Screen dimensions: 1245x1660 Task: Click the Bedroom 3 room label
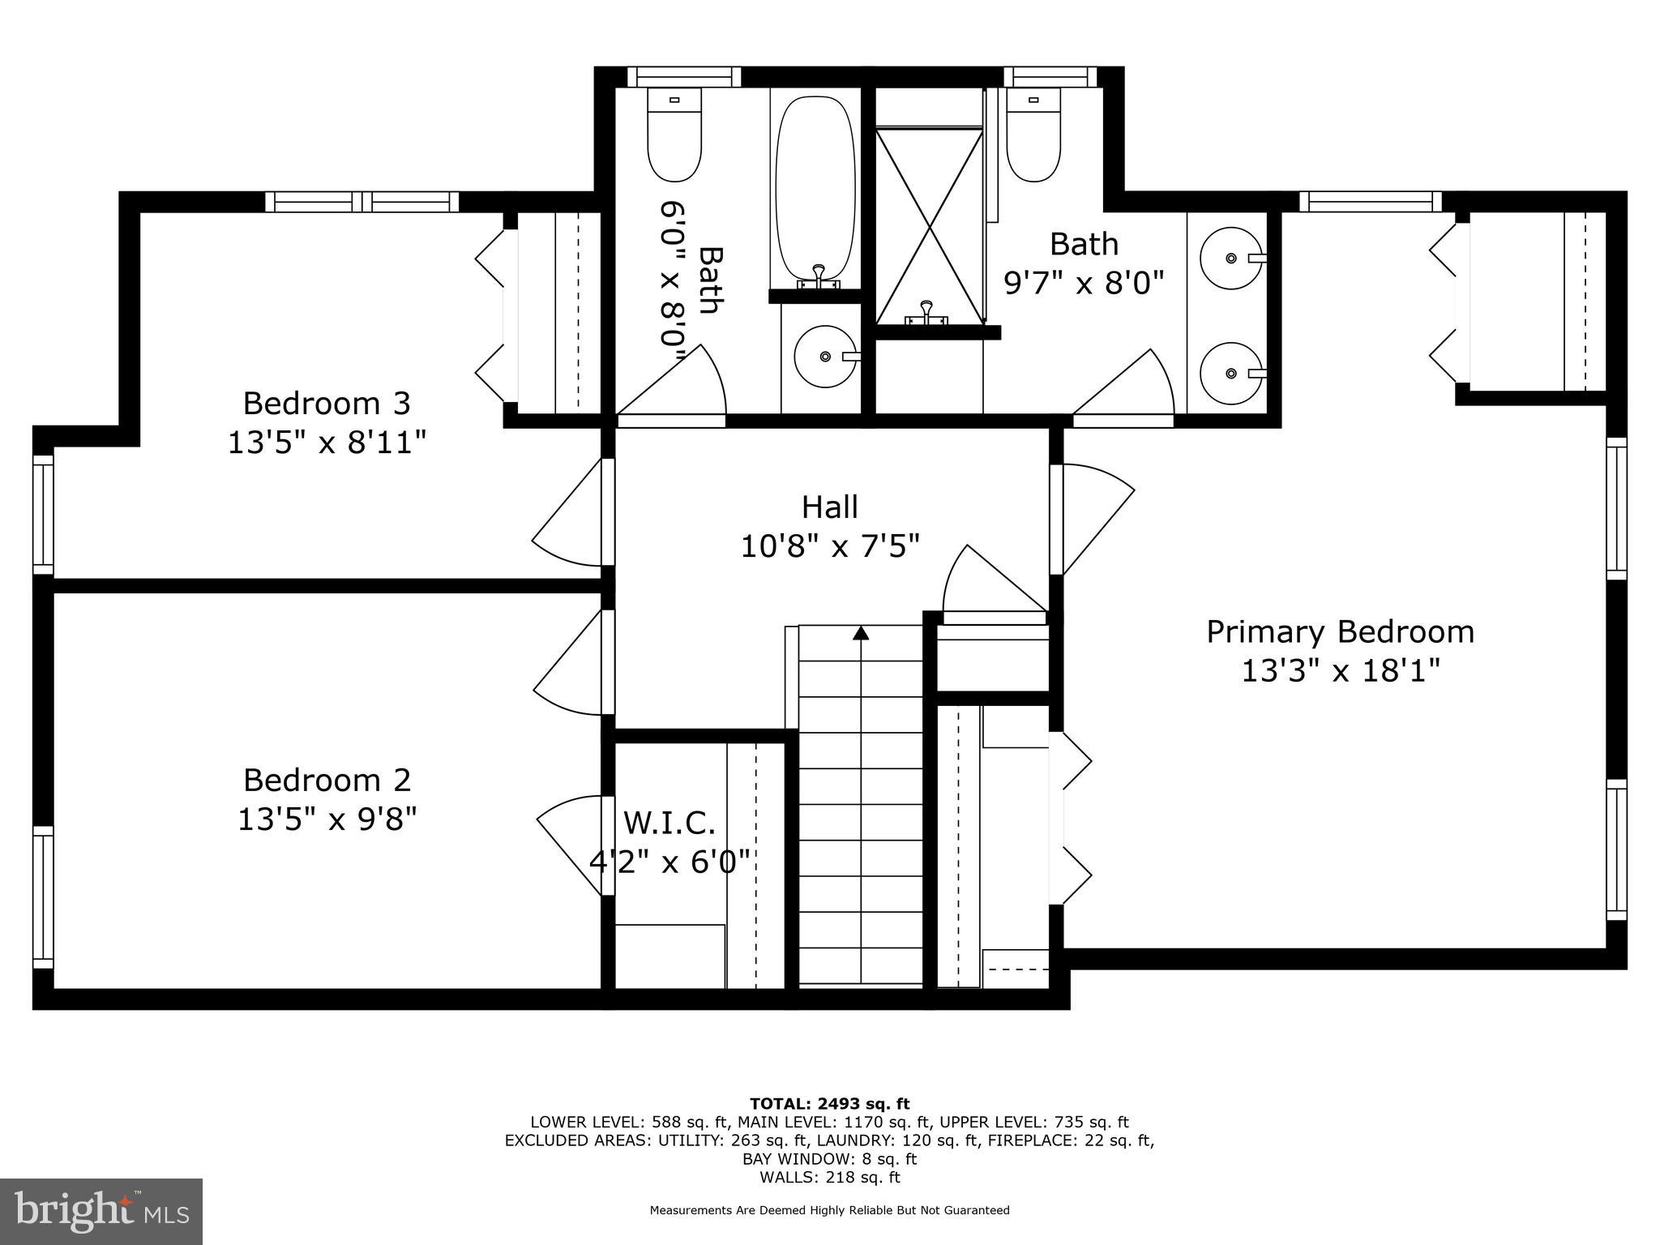[327, 404]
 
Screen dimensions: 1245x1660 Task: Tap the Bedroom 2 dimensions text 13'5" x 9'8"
[327, 819]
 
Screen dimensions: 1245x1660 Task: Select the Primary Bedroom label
[1340, 632]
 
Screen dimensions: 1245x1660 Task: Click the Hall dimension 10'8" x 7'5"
[830, 546]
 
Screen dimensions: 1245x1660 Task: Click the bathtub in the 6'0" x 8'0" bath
[815, 190]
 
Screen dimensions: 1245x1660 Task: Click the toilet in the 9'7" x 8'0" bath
[1033, 136]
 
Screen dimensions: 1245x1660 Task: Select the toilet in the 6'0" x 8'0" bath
[674, 136]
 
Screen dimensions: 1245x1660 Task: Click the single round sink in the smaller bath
[825, 357]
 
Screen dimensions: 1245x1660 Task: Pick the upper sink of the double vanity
[1230, 259]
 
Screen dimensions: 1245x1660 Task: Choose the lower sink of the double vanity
[1230, 374]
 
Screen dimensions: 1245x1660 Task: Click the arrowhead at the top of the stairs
[861, 633]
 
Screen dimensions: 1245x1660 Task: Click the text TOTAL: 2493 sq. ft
[829, 1104]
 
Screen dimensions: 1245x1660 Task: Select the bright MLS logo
[101, 1213]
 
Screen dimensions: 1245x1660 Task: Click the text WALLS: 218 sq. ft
[829, 1178]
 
